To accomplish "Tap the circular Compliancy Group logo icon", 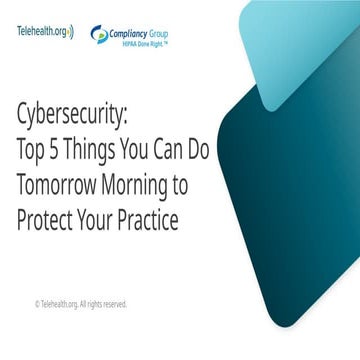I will coord(100,33).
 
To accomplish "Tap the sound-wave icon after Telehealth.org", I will coord(71,31).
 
